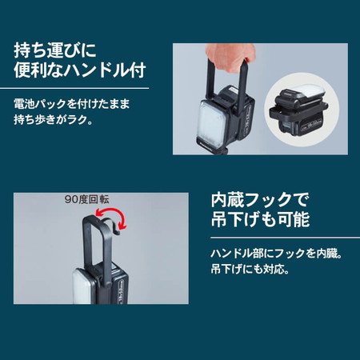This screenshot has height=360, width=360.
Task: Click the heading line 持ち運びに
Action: point(55,50)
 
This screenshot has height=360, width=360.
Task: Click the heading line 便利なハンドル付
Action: point(80,70)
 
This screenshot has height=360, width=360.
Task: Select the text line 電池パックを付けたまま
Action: point(72,104)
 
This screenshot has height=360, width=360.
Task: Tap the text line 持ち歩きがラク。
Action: point(54,120)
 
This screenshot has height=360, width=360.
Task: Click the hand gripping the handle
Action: point(230,54)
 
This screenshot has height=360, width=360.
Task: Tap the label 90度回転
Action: point(86,199)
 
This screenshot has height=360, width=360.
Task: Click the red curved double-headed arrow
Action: point(111,218)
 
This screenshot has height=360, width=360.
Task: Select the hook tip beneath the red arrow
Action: point(117,233)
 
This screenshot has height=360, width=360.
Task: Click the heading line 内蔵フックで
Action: point(260,200)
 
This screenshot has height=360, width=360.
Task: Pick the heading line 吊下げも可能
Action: point(260,219)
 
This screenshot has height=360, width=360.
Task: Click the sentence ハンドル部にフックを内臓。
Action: point(276,254)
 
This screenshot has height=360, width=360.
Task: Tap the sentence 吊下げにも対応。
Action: point(250,270)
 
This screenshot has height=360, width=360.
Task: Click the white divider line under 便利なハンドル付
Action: point(74,88)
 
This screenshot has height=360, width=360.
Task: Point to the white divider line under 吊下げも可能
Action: point(285,238)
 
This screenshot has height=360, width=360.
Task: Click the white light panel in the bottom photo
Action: point(84,286)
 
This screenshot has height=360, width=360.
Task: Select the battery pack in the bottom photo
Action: point(118,283)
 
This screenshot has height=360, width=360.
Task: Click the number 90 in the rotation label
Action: point(70,199)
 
